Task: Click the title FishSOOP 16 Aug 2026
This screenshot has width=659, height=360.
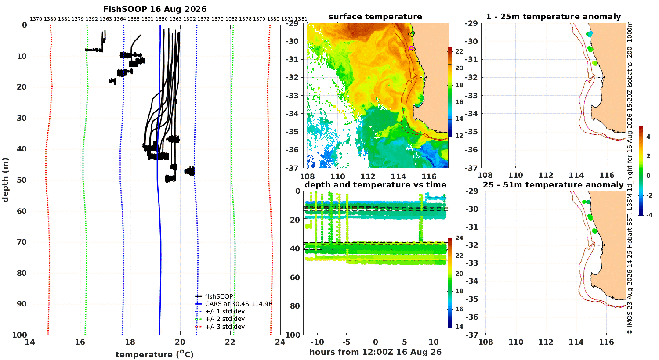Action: [155, 9]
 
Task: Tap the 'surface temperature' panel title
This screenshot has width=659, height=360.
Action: [375, 17]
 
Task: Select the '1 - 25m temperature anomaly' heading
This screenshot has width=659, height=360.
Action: [554, 17]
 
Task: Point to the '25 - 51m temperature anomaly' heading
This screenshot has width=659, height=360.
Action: [553, 185]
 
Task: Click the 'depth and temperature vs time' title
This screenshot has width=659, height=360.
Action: [375, 185]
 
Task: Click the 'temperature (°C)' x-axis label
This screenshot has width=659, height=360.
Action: [155, 354]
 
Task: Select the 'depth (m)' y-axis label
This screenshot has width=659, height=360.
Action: [5, 180]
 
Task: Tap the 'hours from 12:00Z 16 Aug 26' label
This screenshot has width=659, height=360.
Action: [375, 352]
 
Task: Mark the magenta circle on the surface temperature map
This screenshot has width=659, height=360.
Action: [411, 48]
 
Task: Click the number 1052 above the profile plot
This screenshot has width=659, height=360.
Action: [231, 19]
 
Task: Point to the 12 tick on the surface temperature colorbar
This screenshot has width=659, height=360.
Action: [459, 136]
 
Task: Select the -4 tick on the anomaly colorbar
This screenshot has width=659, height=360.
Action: [649, 215]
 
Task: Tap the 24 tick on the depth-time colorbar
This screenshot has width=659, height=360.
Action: [459, 238]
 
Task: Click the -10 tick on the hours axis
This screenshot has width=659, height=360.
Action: [317, 342]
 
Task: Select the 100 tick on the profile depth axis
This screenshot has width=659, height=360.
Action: [20, 335]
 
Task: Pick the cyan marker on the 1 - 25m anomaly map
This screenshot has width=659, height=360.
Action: [590, 34]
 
